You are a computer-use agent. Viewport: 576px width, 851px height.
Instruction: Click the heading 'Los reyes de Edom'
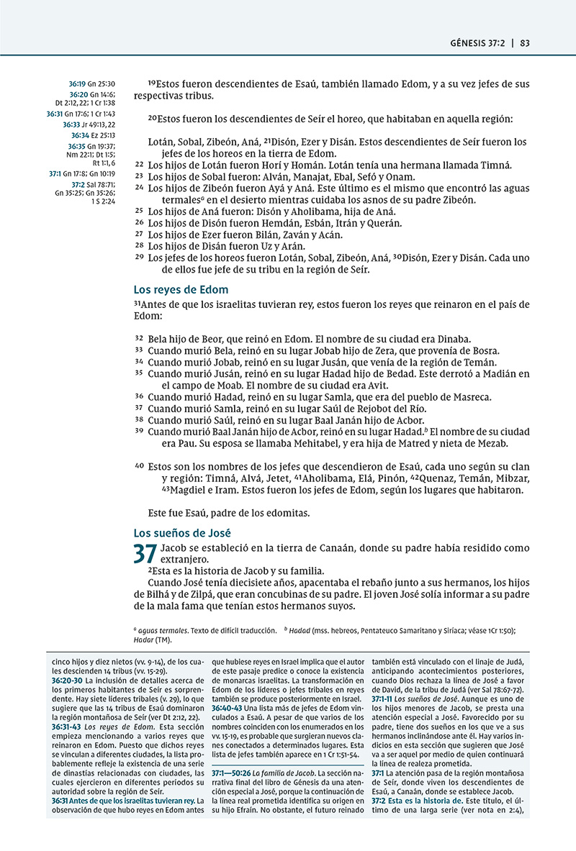click(181, 290)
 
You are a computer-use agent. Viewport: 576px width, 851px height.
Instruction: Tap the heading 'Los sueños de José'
click(182, 533)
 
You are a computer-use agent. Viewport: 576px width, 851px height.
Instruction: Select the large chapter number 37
click(145, 555)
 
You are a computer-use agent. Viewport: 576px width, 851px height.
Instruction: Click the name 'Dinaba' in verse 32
click(451, 338)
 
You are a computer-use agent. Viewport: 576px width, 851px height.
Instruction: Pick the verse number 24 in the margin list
click(140, 188)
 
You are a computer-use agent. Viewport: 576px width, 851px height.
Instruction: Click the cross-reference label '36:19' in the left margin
click(77, 84)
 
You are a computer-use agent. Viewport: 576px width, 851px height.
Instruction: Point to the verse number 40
click(140, 465)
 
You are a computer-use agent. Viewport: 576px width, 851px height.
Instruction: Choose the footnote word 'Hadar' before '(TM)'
click(145, 640)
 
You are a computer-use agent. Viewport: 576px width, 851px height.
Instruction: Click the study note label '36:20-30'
click(67, 680)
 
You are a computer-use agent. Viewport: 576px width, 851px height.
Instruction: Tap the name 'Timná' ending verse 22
click(495, 165)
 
